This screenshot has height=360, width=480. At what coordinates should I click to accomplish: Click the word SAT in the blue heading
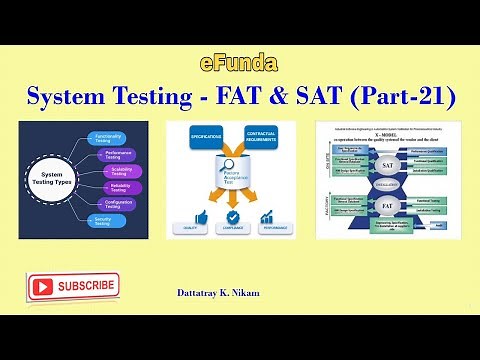(331, 97)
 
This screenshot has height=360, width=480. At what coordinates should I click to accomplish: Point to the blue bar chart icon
(267, 217)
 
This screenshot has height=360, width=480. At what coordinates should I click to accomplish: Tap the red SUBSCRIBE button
(74, 287)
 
